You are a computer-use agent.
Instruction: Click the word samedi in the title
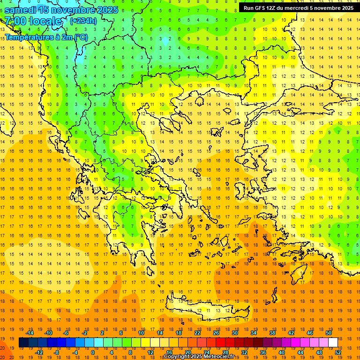pos(20,10)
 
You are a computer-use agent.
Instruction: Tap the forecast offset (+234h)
pos(83,21)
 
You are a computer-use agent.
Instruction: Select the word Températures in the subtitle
pos(26,37)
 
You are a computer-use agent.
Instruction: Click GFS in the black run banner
pos(261,8)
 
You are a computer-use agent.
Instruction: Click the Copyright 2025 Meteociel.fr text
pos(199,357)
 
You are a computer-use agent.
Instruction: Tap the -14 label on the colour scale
pos(30,333)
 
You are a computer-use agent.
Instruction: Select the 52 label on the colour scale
pos(338,352)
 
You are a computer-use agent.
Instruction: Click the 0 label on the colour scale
pos(92,352)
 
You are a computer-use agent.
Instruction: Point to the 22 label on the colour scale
pos(197,333)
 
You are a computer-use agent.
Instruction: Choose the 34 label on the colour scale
pos(254,333)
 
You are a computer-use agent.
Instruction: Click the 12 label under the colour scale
pos(150,352)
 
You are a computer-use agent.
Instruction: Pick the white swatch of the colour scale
pos(333,343)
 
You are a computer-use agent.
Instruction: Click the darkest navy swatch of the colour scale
pos(23,343)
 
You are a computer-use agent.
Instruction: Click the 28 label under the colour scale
pos(225,352)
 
